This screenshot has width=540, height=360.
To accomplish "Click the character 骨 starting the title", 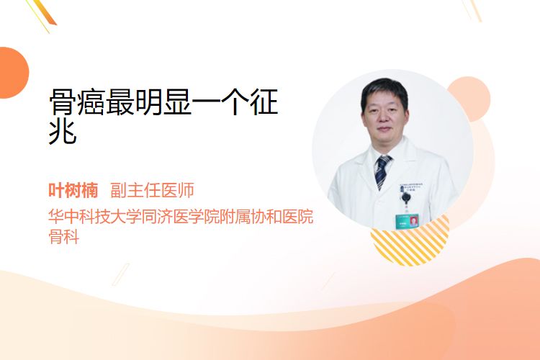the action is coord(63,102).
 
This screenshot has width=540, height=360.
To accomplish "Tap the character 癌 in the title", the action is coord(91,102).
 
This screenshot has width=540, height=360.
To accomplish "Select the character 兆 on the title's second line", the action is coord(63,131).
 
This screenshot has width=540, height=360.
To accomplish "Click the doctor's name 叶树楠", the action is coord(73,190).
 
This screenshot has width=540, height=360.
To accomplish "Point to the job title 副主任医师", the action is coord(152,190).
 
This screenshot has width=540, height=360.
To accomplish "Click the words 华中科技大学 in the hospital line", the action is coord(94,216).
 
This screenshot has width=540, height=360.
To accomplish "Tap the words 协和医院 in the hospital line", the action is coord(282,216).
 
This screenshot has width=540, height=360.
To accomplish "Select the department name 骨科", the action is coord(64,236).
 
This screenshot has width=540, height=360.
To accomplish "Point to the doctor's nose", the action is coord(384,118).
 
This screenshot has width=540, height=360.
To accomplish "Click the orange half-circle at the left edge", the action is coord(13,73).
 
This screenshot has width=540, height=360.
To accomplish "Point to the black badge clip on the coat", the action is coord(406,198).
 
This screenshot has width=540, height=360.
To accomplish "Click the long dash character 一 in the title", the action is coord(206,102).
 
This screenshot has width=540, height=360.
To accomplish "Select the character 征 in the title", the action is coord(264,102).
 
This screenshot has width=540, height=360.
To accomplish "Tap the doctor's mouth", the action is coord(384,130).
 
